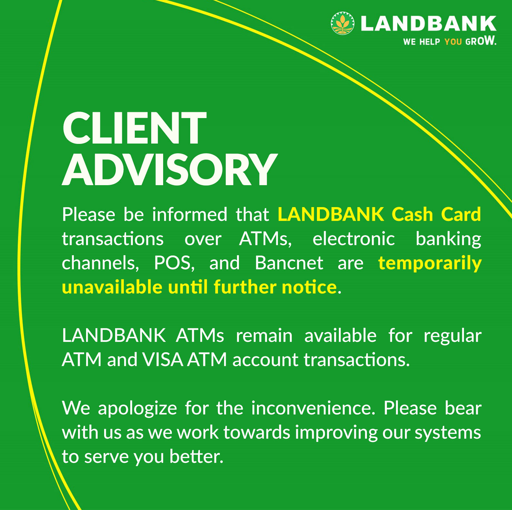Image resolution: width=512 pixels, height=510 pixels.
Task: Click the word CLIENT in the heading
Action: pyautogui.click(x=134, y=128)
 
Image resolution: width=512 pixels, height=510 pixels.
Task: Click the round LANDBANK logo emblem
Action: pyautogui.click(x=342, y=23)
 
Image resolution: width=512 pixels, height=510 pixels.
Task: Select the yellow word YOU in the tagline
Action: pyautogui.click(x=453, y=42)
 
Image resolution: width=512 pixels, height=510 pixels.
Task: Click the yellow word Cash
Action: pyautogui.click(x=412, y=215)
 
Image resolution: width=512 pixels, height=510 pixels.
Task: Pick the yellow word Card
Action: pyautogui.click(x=461, y=215)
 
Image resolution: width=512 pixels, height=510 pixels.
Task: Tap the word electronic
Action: pyautogui.click(x=354, y=239)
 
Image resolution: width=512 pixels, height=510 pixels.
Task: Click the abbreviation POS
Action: pyautogui.click(x=174, y=263)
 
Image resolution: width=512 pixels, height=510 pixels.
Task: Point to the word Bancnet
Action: pyautogui.click(x=289, y=263)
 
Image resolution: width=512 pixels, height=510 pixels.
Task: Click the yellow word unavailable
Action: pyautogui.click(x=112, y=287)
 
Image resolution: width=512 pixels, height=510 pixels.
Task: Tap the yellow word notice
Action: pyautogui.click(x=309, y=287)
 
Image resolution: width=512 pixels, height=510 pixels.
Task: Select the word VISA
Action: pyautogui.click(x=163, y=360)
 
